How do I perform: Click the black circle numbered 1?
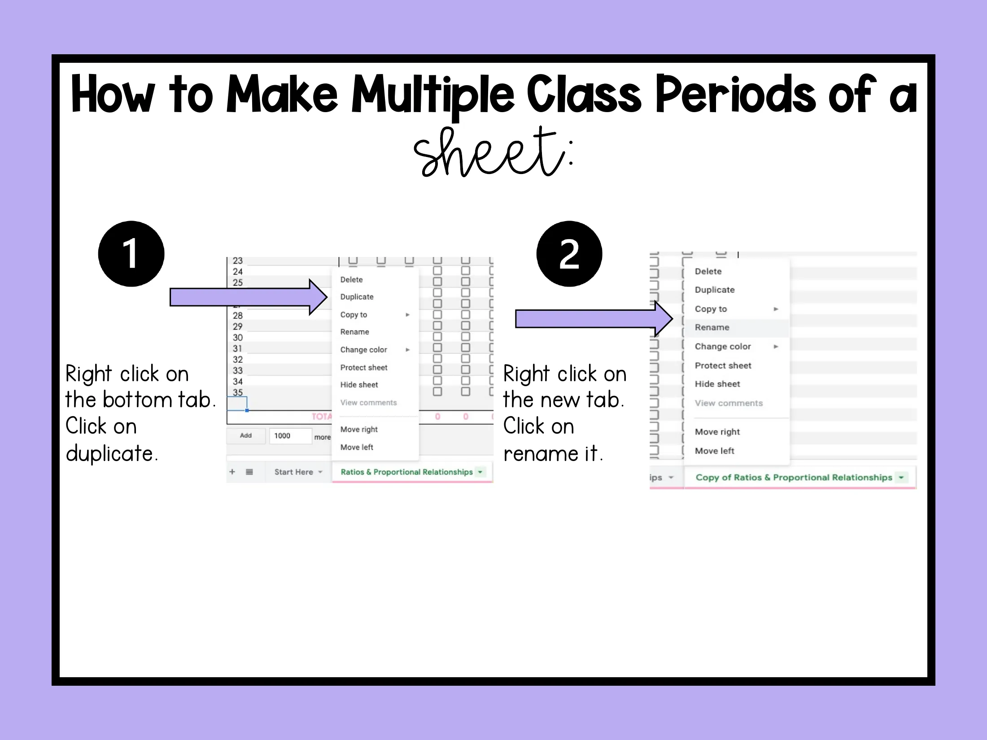coord(131,254)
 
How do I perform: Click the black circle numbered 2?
coord(569,254)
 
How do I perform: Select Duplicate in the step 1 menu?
coord(357,297)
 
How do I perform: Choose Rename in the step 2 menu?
coord(712,327)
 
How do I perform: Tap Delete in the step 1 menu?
coord(351,279)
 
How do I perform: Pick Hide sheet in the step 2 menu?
coord(717,384)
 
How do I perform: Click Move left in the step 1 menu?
coord(357,447)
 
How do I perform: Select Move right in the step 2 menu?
coord(717,432)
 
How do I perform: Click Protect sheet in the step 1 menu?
coord(364,367)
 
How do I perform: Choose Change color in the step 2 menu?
coord(723,346)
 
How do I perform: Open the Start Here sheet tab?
coord(294,472)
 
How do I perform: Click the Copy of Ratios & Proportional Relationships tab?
coord(794,478)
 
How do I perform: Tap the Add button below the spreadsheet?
coord(246,435)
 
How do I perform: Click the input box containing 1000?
coord(290,436)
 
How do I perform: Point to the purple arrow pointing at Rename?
coord(594,319)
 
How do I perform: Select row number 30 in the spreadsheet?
coord(238,338)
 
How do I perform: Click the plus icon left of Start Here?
coord(232,472)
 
